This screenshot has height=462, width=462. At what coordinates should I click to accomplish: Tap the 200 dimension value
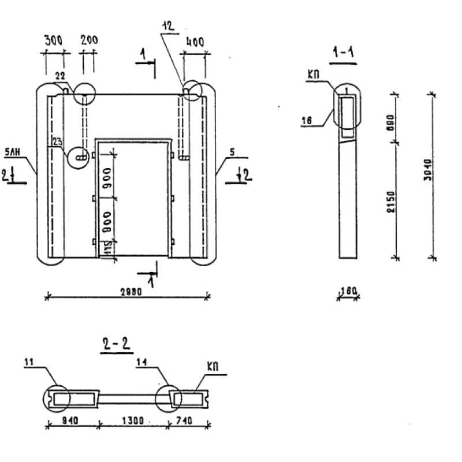89,40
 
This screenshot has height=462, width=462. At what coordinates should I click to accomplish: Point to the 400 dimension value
196,42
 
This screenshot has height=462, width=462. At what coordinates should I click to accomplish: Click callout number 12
169,26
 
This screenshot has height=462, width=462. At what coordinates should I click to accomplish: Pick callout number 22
59,76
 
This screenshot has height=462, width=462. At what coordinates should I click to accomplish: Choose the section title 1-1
343,53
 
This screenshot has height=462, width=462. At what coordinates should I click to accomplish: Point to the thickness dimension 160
348,290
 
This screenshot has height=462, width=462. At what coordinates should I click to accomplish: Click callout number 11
30,362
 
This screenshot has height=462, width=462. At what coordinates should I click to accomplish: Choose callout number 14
143,362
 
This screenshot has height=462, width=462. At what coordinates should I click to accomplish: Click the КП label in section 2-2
213,367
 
